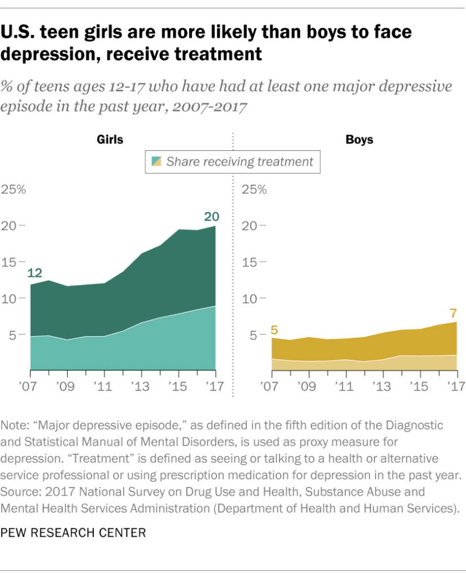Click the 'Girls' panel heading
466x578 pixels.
[110, 139]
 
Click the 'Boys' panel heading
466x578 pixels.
[359, 139]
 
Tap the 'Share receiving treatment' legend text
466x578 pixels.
[239, 162]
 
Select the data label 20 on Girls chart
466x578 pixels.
[211, 216]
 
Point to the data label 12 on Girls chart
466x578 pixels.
[34, 274]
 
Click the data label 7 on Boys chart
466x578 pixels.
[453, 312]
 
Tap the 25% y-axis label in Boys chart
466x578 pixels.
[254, 189]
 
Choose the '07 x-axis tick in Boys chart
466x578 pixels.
[273, 387]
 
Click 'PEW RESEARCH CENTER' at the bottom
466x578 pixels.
[73, 532]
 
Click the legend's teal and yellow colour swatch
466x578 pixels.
[156, 162]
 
